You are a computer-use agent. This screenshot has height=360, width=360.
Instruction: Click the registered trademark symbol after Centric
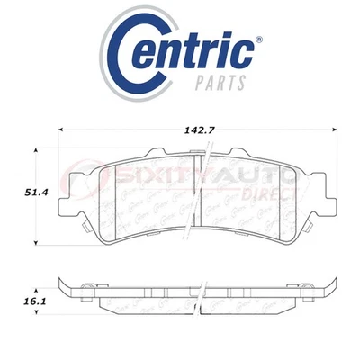260,40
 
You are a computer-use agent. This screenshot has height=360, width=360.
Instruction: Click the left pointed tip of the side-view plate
60,290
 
